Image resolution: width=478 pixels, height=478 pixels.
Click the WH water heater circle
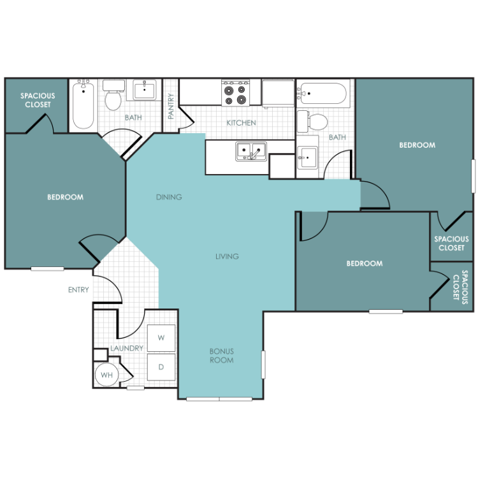[106, 374]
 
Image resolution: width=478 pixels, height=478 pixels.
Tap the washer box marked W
[161, 338]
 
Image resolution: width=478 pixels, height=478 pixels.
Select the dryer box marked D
[161, 366]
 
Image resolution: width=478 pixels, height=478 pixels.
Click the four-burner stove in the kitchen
[235, 93]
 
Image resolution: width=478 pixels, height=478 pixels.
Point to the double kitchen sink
[251, 151]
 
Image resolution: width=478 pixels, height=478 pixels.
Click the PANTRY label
[171, 106]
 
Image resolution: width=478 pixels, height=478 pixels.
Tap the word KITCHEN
[241, 123]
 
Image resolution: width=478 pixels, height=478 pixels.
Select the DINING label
[169, 197]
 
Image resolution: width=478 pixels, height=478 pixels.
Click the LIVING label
[227, 256]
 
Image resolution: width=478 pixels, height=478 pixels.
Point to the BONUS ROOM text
[222, 356]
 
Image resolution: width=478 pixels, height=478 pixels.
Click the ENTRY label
[78, 289]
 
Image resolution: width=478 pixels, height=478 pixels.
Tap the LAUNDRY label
[127, 348]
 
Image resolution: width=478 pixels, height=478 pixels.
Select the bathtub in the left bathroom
[83, 105]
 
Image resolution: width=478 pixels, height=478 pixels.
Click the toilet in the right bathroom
[312, 121]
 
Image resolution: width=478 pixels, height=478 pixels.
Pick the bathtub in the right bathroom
[322, 94]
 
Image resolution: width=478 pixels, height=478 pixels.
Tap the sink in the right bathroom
[307, 157]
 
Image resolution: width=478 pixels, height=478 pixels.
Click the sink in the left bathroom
[145, 90]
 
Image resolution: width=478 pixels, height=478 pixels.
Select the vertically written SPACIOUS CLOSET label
[460, 287]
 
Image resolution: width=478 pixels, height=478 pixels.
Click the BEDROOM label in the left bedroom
[65, 197]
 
